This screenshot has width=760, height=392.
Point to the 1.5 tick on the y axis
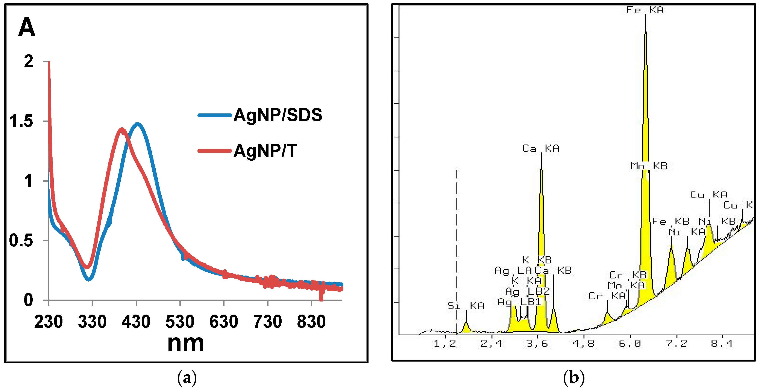[21, 121]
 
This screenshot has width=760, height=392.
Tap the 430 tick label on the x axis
[136, 322]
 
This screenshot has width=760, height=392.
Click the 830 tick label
[311, 322]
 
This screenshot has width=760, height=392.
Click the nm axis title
[186, 343]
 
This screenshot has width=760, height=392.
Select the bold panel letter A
[27, 27]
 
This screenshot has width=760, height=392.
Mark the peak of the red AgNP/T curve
[122, 129]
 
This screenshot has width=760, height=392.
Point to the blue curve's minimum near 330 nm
[89, 279]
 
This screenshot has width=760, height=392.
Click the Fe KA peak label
[645, 10]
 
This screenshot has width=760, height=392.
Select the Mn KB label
[649, 166]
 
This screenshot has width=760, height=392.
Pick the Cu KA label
[708, 194]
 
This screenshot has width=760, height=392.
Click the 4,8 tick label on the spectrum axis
[583, 343]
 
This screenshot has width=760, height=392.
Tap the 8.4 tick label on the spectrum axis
[721, 343]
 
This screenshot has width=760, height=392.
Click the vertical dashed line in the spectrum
[457, 250]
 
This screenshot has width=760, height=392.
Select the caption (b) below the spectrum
[573, 378]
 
